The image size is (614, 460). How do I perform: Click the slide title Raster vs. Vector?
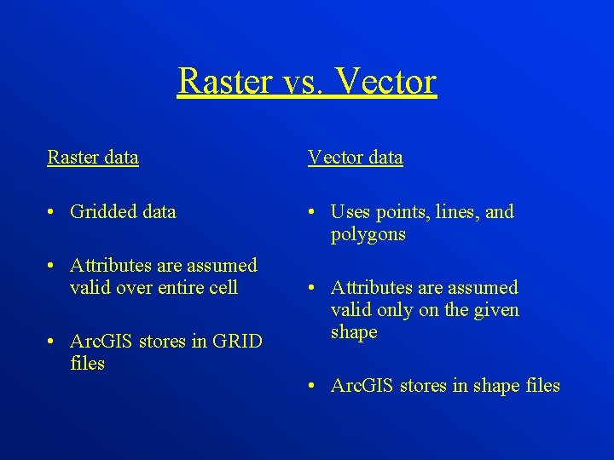point(307,82)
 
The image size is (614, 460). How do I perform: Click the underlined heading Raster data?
point(93,158)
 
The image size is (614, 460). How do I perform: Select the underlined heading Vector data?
point(355,158)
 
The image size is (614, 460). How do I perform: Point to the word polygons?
point(368,234)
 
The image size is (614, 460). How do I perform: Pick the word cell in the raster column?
point(223,288)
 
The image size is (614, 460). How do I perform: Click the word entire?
point(177,288)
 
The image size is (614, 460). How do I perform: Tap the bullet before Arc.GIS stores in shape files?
point(313,387)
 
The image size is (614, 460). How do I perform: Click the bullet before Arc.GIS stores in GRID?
point(53,342)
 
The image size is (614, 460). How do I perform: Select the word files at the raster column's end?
point(87,364)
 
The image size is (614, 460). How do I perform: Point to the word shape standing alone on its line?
point(354,332)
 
